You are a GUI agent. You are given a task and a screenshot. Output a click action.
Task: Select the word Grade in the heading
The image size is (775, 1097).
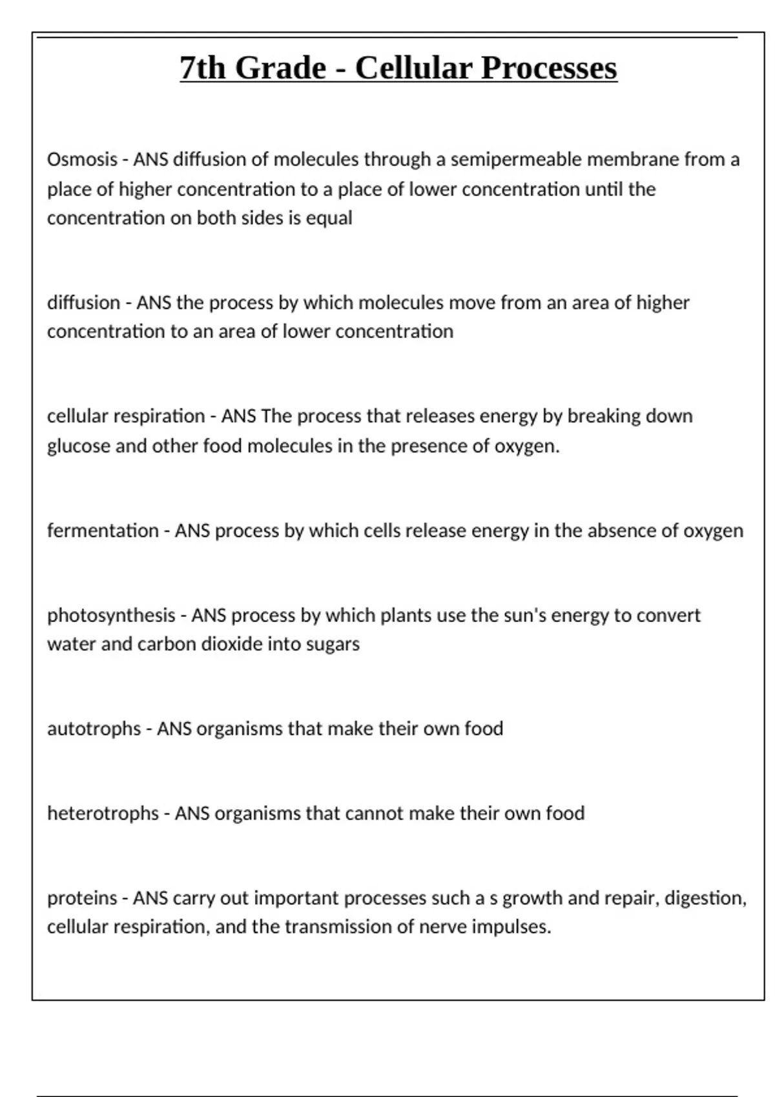click(280, 68)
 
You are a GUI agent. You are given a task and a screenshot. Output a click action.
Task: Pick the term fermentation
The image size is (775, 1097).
click(103, 530)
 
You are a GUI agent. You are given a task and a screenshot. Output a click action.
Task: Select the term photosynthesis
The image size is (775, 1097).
click(111, 615)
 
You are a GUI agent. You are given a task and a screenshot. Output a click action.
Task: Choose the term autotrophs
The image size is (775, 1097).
click(94, 729)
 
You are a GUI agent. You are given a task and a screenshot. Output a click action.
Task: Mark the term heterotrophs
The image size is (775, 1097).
click(103, 813)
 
